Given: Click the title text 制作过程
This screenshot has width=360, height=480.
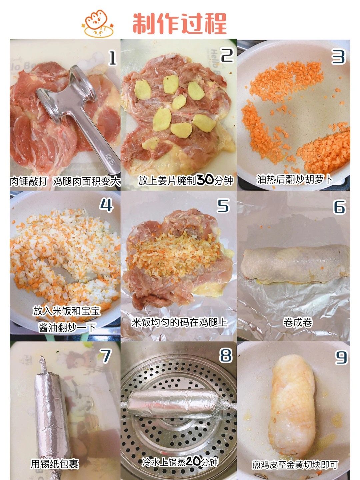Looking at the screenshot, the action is tap(180, 24).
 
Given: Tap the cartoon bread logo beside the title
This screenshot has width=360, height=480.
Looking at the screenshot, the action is tap(98, 24).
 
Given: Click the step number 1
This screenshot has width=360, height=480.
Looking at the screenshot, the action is tap(113, 58).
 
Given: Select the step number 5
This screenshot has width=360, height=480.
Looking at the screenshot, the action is tap(223, 206).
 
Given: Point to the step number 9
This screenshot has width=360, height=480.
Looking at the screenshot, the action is tap(341, 358).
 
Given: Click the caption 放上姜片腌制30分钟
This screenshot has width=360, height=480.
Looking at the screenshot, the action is tap(186, 180).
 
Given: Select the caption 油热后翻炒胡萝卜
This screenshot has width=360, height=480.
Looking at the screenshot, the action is tap(294, 180).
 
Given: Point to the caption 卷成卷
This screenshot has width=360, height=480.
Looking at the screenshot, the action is tap(297, 323).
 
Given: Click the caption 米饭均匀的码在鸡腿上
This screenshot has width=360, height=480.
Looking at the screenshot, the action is tap(179, 323).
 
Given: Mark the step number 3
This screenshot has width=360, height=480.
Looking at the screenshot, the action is tap(338, 57).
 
